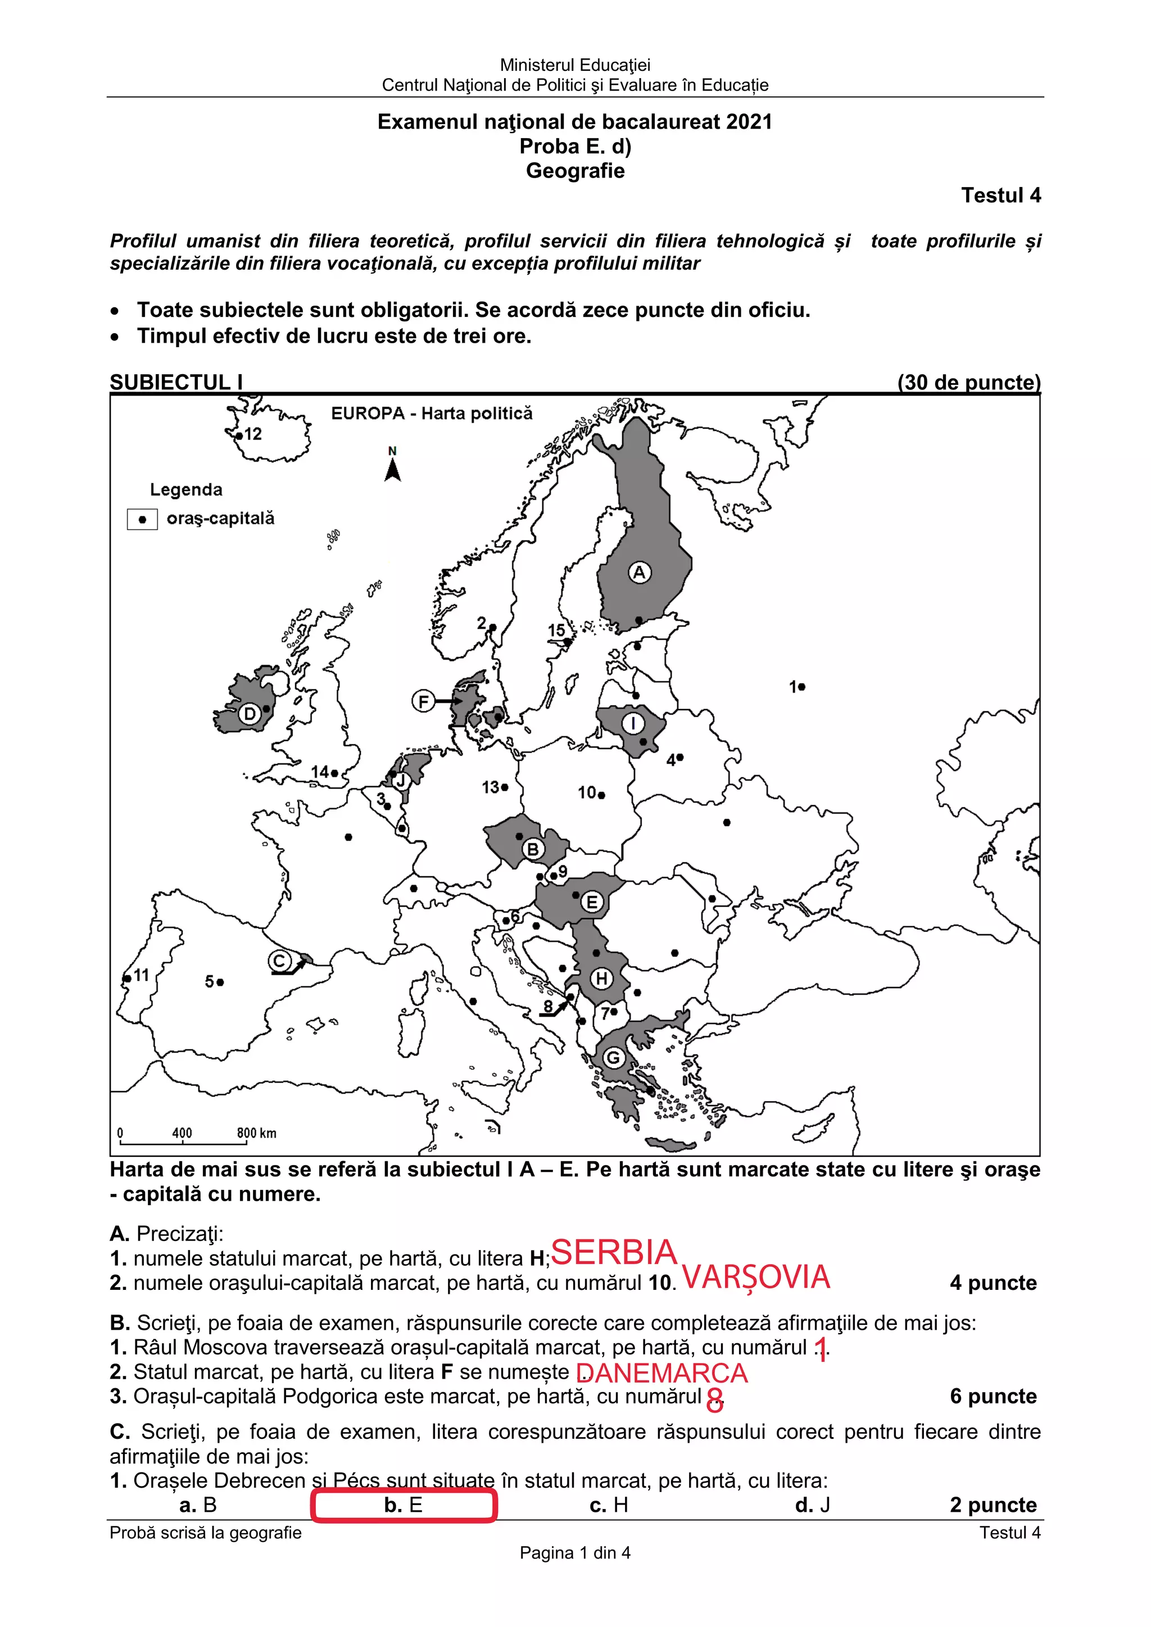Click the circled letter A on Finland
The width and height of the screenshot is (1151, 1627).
pyautogui.click(x=639, y=572)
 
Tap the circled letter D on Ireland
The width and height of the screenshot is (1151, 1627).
pyautogui.click(x=250, y=713)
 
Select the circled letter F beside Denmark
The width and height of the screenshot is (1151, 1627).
pyautogui.click(x=423, y=702)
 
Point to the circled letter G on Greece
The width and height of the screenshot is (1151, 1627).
pyautogui.click(x=613, y=1058)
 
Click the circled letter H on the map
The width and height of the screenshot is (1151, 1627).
pyautogui.click(x=601, y=979)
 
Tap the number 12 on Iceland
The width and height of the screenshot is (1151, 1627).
pyautogui.click(x=252, y=434)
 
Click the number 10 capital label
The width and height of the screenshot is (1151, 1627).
pyautogui.click(x=587, y=792)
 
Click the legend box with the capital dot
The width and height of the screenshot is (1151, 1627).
pyautogui.click(x=142, y=520)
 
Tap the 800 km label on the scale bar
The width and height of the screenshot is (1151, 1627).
pyautogui.click(x=257, y=1133)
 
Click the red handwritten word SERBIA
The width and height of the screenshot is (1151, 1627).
pyautogui.click(x=614, y=1252)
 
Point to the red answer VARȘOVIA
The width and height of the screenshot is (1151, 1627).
pyautogui.click(x=755, y=1277)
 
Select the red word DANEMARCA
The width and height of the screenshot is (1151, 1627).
pyautogui.click(x=662, y=1373)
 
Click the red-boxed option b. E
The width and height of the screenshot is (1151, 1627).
pyautogui.click(x=404, y=1505)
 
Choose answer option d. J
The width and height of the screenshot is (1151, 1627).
pyautogui.click(x=812, y=1505)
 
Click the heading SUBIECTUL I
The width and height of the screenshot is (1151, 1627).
pyautogui.click(x=176, y=382)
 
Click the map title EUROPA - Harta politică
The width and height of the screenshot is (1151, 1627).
pyautogui.click(x=432, y=413)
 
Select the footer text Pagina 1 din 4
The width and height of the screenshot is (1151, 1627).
pyautogui.click(x=575, y=1553)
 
